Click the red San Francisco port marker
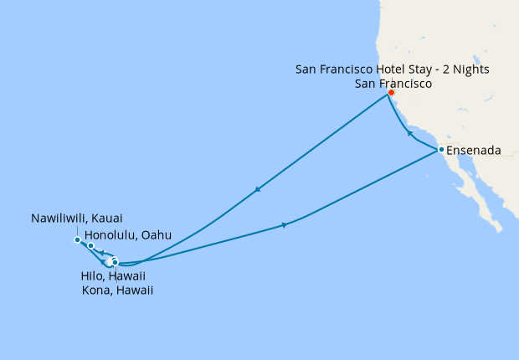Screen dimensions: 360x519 [x=391, y=93]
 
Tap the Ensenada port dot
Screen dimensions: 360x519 [x=440, y=150]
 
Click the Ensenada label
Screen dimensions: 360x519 [x=474, y=151]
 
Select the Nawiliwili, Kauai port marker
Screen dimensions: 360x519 [x=77, y=240]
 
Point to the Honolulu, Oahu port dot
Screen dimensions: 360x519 [x=90, y=246]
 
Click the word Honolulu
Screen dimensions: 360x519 [x=112, y=236]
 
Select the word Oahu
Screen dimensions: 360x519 [x=157, y=236]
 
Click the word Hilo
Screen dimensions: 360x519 [x=88, y=275]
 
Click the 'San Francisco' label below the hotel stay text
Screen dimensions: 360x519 [x=393, y=84]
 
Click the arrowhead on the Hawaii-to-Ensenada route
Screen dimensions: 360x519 [x=285, y=224]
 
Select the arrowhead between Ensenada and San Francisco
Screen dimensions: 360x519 [x=409, y=133]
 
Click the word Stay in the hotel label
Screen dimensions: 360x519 [x=426, y=69]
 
